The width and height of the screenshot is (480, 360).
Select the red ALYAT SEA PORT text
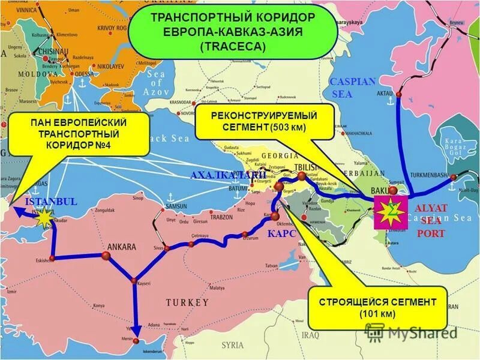(x=431, y=220)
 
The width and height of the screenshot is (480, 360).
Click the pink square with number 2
(x=391, y=211)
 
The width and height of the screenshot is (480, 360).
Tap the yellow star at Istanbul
(x=44, y=218)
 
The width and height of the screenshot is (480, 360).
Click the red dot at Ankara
(x=106, y=256)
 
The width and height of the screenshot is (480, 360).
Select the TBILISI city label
(x=305, y=167)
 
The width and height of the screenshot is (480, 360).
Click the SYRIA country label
(x=232, y=345)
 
